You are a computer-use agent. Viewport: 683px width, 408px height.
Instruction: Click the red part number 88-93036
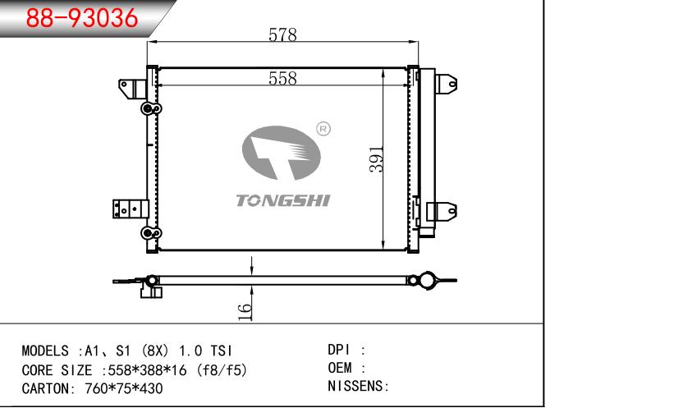82,18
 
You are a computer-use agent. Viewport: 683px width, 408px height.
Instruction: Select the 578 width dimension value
282,34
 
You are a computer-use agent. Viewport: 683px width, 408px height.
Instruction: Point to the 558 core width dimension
282,78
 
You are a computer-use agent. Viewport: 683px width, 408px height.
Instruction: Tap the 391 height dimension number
376,159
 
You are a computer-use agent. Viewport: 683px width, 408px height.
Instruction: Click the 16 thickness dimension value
245,312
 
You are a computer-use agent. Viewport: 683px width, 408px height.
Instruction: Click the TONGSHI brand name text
283,200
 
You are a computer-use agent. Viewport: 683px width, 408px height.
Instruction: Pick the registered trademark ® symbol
323,129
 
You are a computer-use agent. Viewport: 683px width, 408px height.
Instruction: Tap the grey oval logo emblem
281,153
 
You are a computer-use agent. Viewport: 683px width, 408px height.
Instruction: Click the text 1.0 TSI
206,351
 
